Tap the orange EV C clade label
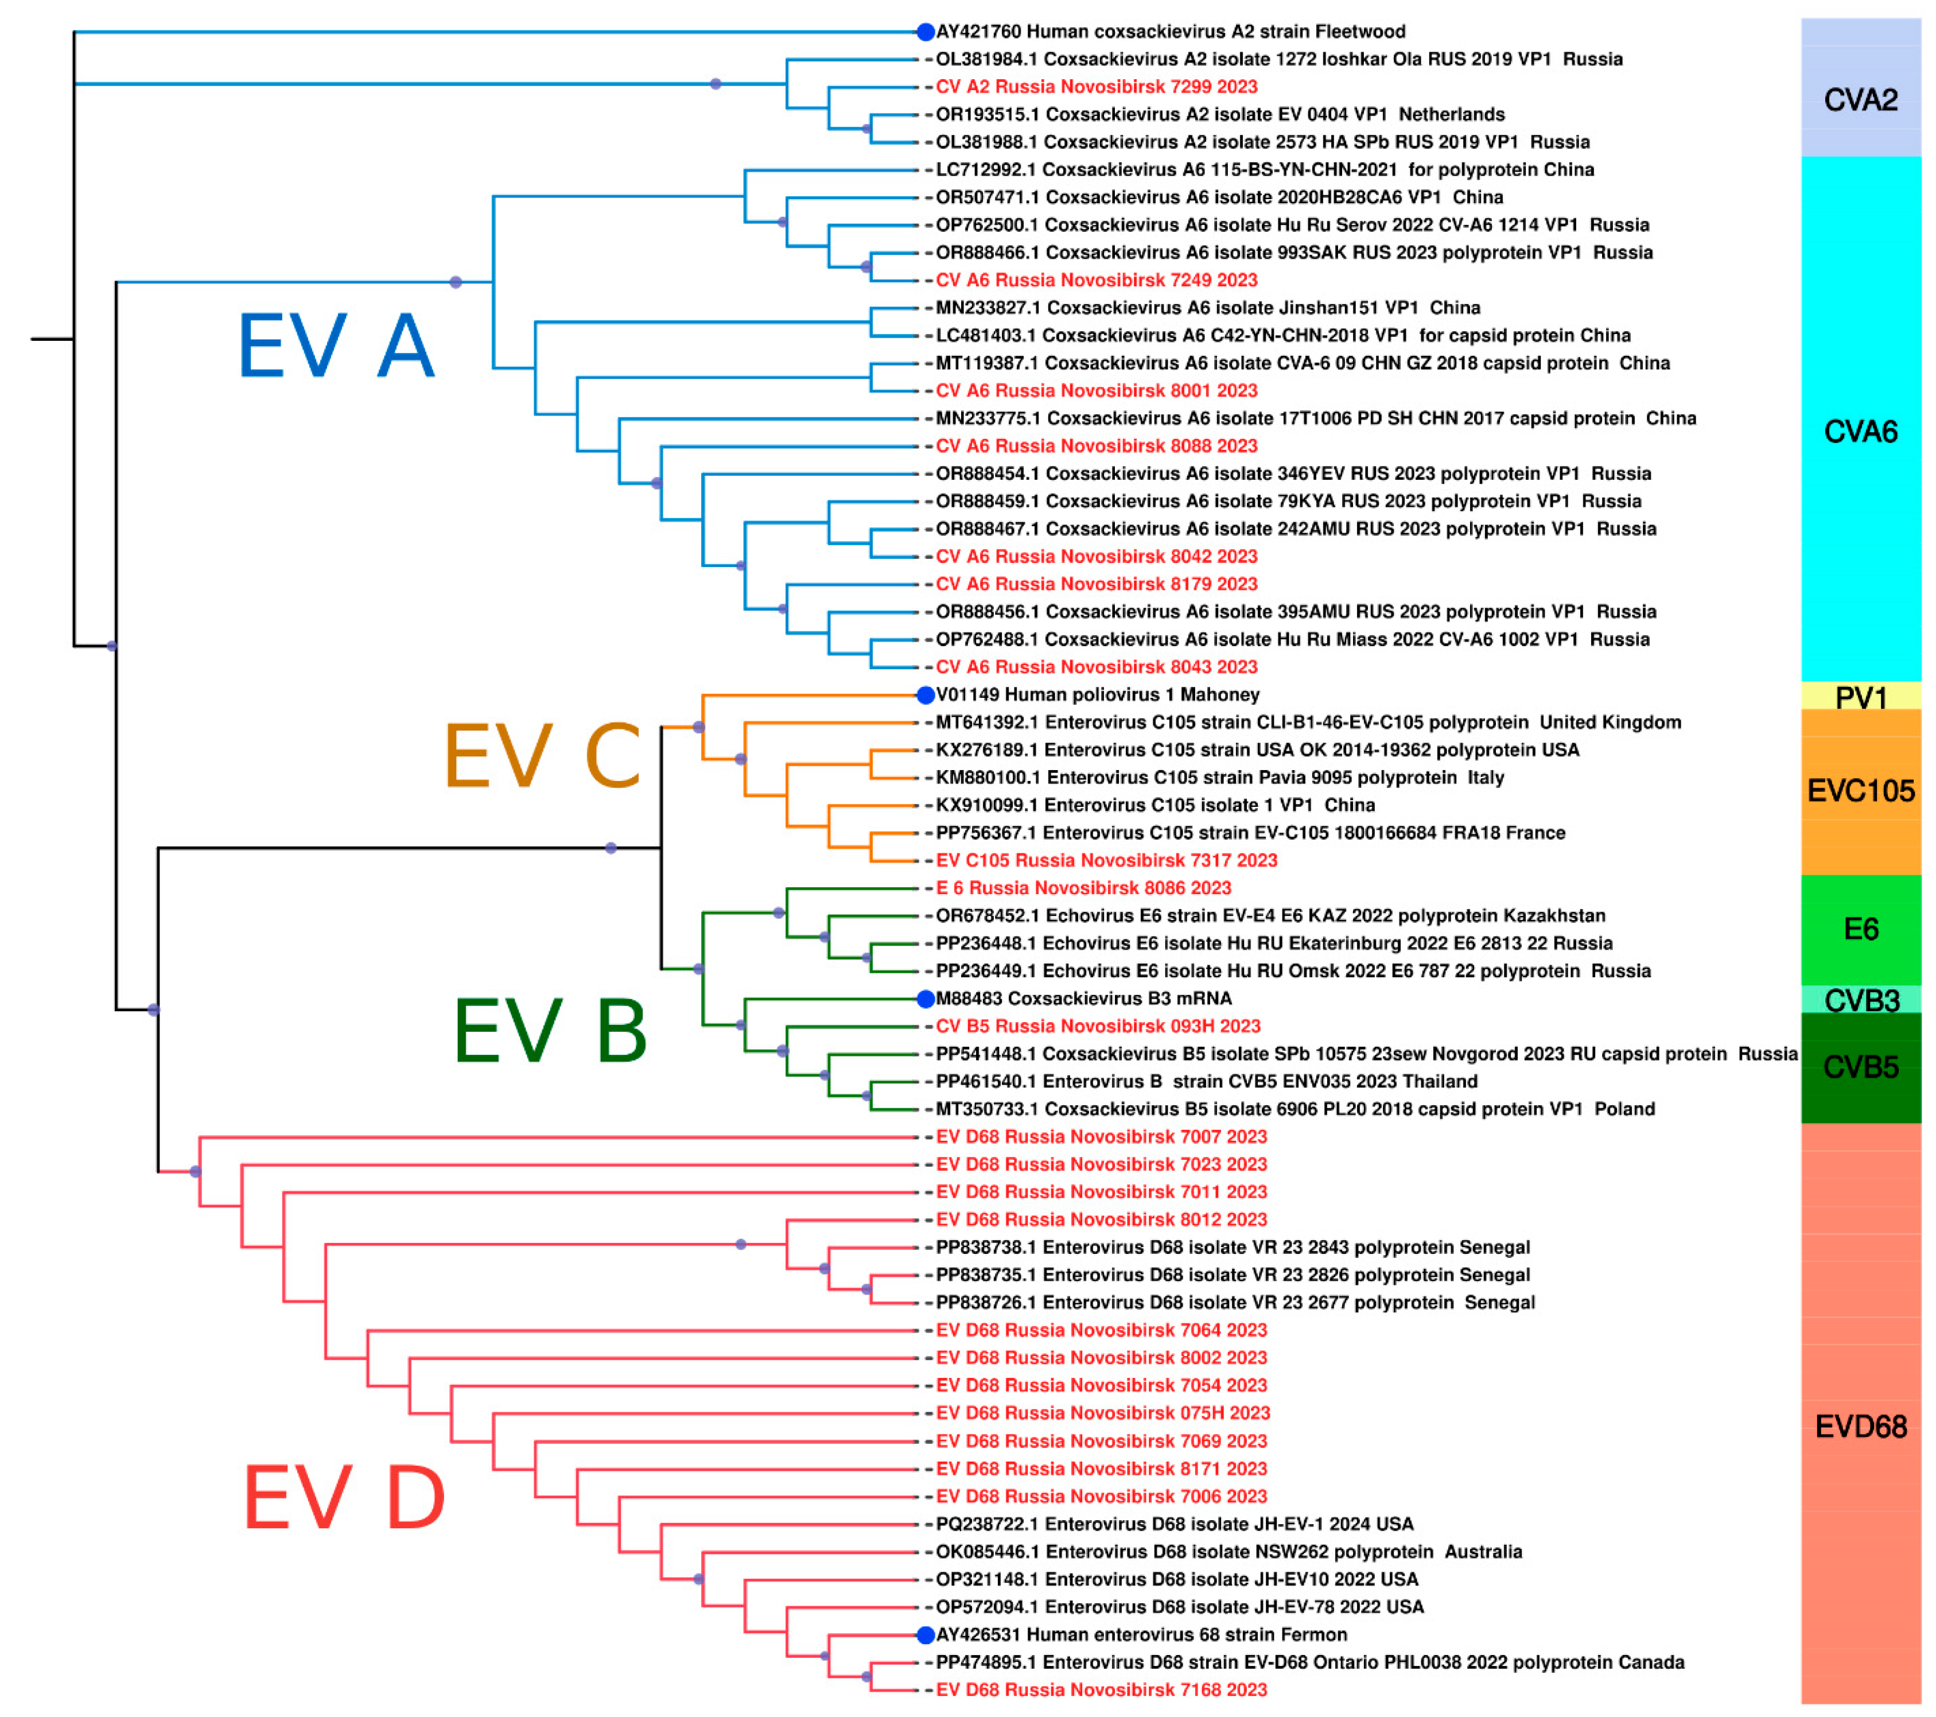(542, 756)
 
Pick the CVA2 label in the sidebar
(1860, 99)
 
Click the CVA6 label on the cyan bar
(1860, 432)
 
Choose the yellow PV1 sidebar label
(1860, 698)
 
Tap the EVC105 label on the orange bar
(1860, 791)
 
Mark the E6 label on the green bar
(1860, 929)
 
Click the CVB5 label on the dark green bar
(1860, 1067)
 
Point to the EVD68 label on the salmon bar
(1860, 1426)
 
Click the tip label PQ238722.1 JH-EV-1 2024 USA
(1173, 1524)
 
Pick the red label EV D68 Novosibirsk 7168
(1101, 1689)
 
